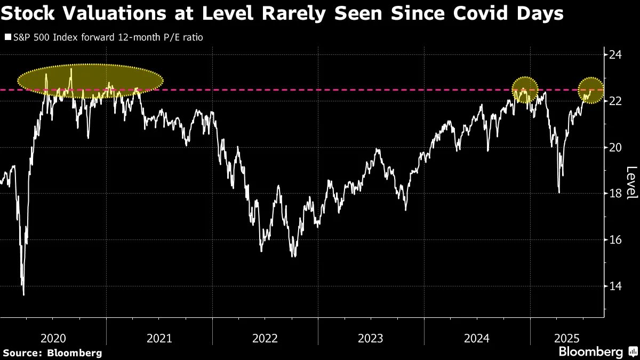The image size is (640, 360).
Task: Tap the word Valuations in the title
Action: point(109,14)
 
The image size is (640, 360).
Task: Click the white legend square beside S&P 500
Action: point(7,38)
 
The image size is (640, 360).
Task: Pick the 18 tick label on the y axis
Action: point(616,193)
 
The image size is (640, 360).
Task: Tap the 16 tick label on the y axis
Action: point(616,239)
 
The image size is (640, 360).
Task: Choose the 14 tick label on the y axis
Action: point(616,286)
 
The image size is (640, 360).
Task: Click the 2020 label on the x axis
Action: point(53,338)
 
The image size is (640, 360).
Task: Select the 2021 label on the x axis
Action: point(159,338)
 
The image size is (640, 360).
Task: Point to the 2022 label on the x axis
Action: point(265,338)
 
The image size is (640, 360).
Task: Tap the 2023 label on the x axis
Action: point(371,338)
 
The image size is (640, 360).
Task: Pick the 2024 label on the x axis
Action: point(477,338)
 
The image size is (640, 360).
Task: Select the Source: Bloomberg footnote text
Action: point(52,353)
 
